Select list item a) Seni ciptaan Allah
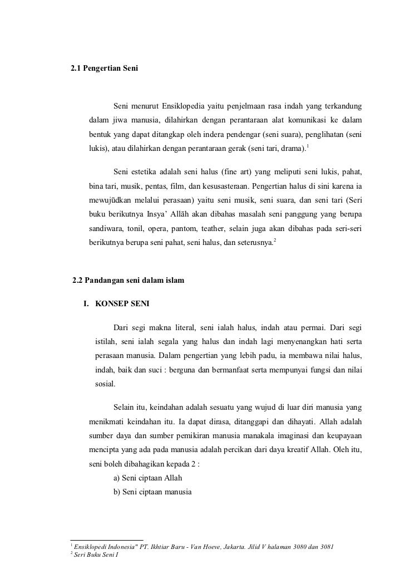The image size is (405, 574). point(147,478)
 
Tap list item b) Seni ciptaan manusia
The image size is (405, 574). point(152,492)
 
